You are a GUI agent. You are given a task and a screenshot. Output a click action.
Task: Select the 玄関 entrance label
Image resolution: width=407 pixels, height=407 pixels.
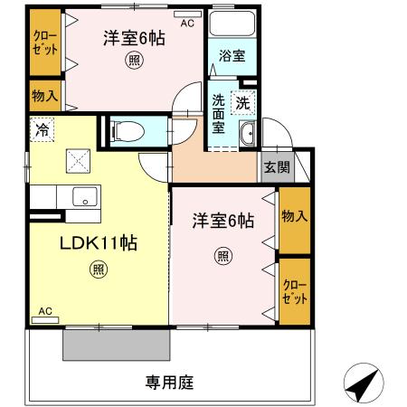[276, 166]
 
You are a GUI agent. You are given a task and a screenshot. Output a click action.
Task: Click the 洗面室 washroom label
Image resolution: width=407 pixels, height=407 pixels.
[220, 114]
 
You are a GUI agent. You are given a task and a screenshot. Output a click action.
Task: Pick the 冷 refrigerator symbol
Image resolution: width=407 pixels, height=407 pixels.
[42, 129]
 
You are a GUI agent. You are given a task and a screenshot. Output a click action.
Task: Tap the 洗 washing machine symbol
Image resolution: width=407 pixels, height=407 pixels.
[243, 103]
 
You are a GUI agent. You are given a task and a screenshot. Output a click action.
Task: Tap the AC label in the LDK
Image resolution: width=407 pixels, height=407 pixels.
[44, 312]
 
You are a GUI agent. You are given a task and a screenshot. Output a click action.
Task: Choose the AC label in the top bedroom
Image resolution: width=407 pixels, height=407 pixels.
[187, 24]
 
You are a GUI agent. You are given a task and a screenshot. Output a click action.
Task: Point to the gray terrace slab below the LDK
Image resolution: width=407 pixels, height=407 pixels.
[117, 345]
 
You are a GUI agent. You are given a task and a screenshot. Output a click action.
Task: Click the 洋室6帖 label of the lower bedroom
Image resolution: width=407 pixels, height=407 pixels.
[222, 221]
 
